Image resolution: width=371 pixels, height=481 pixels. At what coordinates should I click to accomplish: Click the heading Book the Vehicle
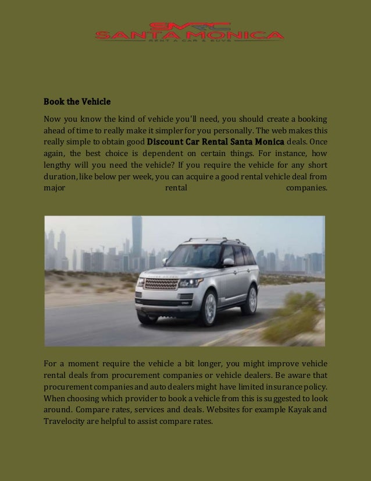coord(77,102)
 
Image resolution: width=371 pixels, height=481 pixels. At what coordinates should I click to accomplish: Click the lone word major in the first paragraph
coord(55,188)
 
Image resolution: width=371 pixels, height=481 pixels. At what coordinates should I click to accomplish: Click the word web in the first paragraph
coord(282,130)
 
